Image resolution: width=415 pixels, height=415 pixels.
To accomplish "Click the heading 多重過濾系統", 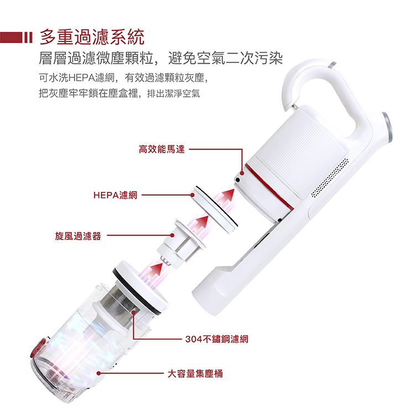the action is tap(92, 37).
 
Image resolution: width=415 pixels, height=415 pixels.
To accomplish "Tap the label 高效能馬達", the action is tap(162, 149).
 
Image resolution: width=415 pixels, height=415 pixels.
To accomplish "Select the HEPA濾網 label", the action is tap(116, 195).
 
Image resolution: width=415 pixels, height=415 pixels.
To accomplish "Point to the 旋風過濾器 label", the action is tap(78, 236).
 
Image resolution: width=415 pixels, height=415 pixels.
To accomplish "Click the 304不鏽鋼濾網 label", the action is tap(217, 339).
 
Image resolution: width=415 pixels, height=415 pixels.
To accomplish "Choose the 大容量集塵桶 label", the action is tap(195, 373).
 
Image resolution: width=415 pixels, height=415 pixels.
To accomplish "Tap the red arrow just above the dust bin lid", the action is tap(154, 271).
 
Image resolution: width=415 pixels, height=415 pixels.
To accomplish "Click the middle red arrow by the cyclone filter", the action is tap(200, 224).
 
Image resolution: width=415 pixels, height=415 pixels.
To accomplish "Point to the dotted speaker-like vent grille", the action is tap(330, 178).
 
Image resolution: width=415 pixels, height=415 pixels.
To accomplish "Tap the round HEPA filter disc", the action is tap(215, 210).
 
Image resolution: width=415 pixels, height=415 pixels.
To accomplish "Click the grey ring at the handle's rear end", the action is tap(387, 127).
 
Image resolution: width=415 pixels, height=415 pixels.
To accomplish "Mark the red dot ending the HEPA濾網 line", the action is tap(193, 195).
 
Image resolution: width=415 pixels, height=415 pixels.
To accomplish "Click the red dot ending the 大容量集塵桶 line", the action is tap(98, 373).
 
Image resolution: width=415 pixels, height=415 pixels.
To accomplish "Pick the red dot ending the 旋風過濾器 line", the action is tap(172, 235).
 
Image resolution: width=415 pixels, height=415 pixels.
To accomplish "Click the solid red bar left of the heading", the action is tap(11, 37).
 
